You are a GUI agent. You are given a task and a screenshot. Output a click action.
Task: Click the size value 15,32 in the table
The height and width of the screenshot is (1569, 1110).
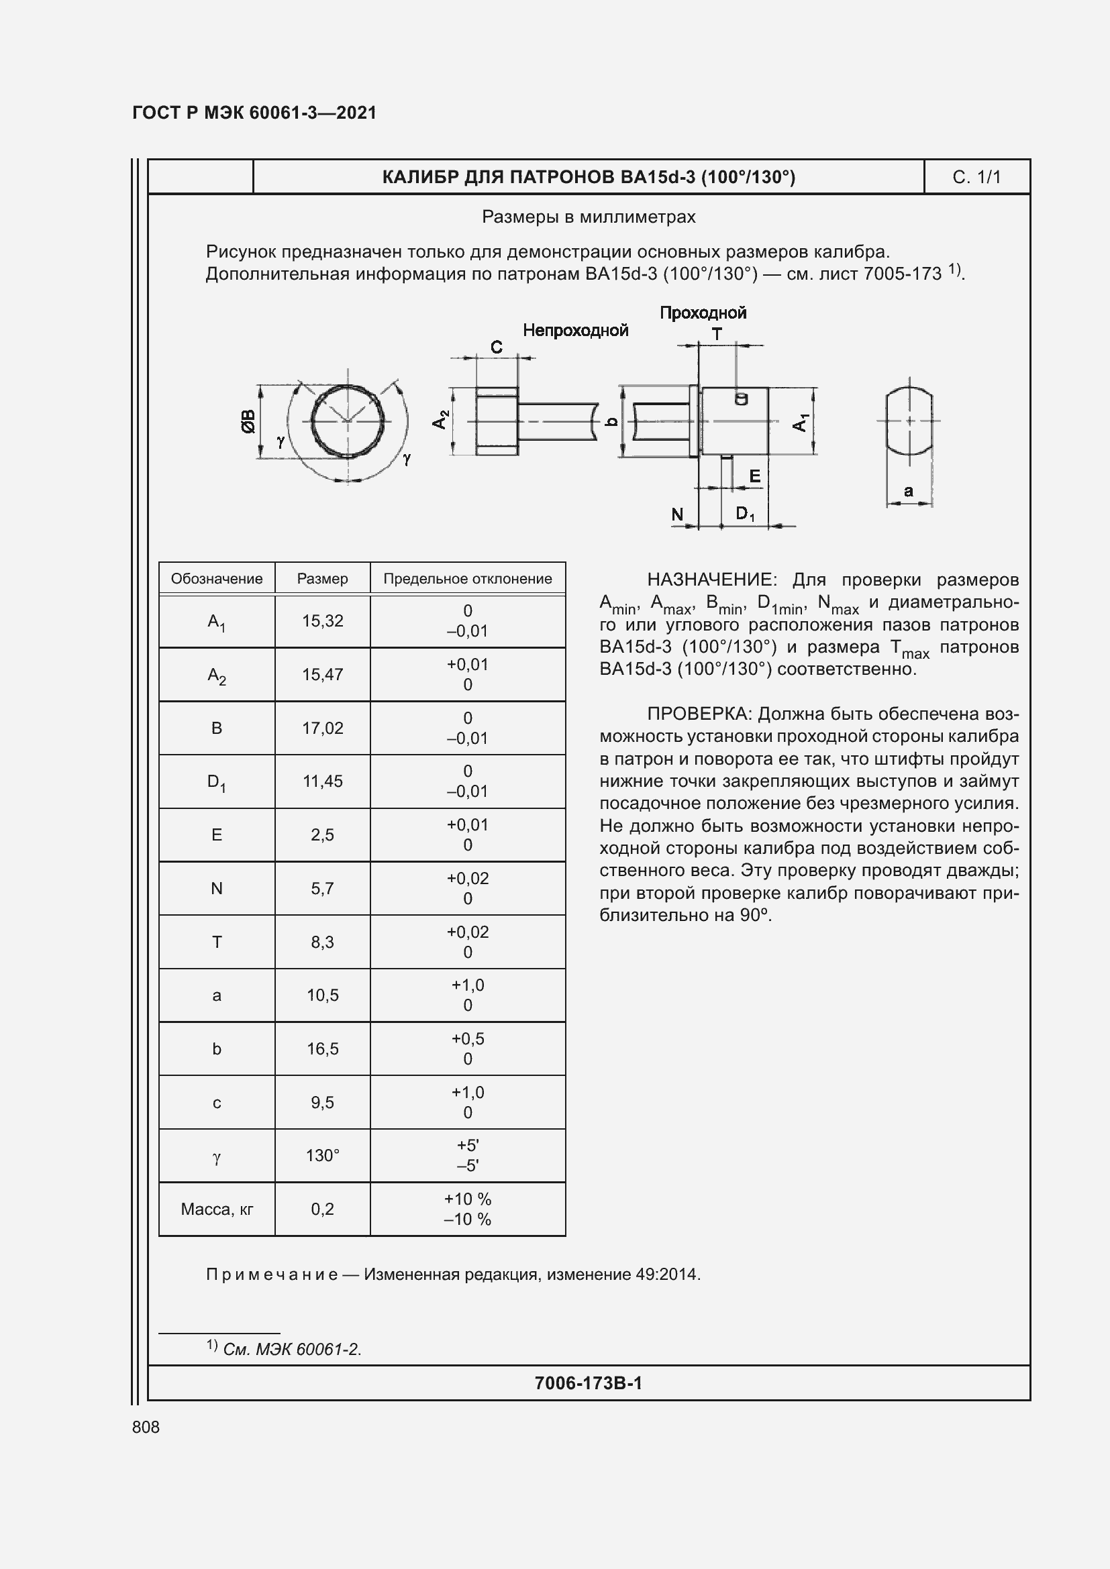[x=322, y=620]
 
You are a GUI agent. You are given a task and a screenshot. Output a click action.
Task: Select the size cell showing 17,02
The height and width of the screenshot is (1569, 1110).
[x=322, y=728]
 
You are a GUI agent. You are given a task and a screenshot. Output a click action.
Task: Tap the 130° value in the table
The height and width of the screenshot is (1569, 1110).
[x=322, y=1156]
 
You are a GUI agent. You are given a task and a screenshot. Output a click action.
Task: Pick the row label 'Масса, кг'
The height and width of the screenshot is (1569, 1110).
[x=217, y=1209]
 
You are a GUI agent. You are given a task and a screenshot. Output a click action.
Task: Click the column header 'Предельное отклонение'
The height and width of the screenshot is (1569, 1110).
[x=468, y=579]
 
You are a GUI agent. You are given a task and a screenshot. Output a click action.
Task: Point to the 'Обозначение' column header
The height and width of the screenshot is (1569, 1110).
[x=217, y=579]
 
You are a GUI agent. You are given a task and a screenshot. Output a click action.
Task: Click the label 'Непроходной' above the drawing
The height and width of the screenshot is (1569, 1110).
[x=575, y=331]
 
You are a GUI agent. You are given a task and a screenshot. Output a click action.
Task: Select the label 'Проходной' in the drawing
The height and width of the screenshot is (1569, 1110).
[x=703, y=313]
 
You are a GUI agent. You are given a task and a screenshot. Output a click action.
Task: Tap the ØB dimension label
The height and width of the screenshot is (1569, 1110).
[x=248, y=421]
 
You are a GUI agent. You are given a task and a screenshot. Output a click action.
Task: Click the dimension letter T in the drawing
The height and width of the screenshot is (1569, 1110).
[x=717, y=334]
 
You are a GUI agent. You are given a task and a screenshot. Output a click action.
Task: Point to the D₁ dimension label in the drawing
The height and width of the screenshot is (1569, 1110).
[x=745, y=513]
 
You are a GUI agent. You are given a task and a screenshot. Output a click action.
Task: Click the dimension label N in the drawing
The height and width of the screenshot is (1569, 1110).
[x=677, y=514]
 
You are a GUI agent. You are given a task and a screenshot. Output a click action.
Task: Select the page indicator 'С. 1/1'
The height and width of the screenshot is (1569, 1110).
[x=976, y=178]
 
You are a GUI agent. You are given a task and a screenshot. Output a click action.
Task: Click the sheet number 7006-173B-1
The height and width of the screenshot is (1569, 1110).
[x=589, y=1383]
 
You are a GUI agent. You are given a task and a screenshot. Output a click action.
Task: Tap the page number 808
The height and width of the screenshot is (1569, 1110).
[x=146, y=1427]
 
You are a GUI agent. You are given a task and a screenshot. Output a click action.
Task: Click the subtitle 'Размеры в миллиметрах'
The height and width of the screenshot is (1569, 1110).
[x=589, y=217]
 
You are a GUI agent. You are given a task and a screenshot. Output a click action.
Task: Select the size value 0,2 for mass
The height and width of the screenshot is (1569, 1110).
[x=322, y=1209]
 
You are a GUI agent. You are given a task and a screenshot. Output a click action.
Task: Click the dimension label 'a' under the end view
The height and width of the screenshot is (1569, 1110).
[x=909, y=490]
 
